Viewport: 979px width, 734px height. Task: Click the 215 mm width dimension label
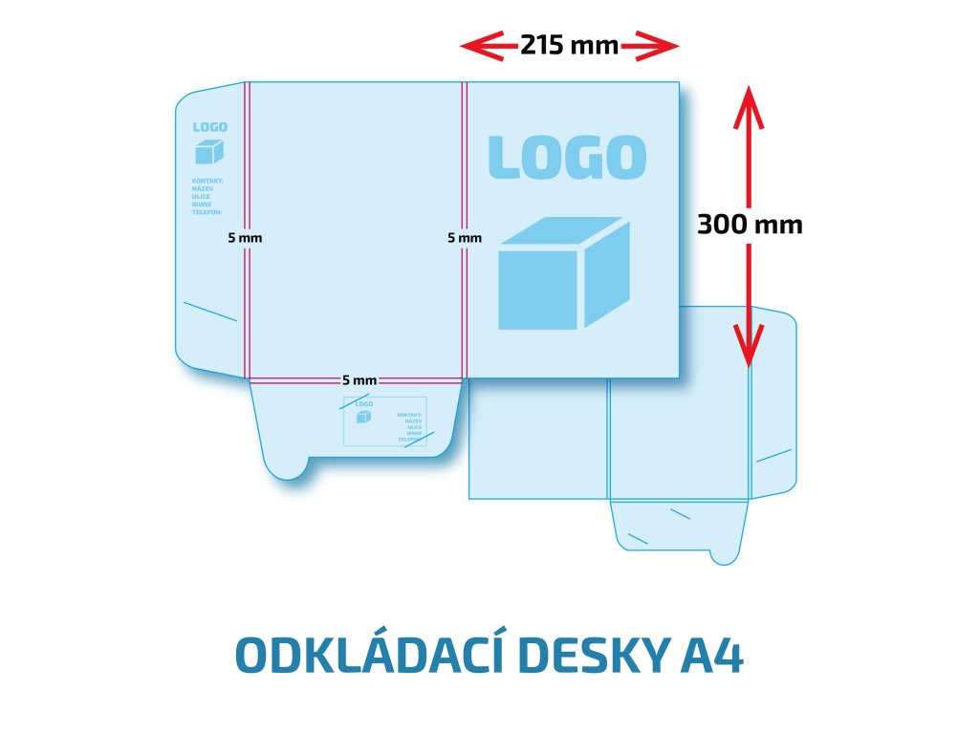coord(569,45)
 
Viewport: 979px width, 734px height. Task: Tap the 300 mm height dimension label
coord(750,225)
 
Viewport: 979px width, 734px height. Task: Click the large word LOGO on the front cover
coord(568,158)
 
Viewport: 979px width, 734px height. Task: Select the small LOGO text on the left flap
coord(209,127)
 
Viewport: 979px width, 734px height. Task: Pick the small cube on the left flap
coord(209,152)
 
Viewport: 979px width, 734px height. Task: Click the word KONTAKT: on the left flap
coord(207,181)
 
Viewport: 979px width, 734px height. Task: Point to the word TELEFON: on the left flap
coord(207,211)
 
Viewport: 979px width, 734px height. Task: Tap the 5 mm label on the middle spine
coord(465,237)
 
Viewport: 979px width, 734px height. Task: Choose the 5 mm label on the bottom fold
coord(359,380)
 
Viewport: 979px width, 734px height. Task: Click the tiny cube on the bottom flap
coord(363,417)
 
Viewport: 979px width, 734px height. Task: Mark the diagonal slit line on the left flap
coord(209,312)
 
